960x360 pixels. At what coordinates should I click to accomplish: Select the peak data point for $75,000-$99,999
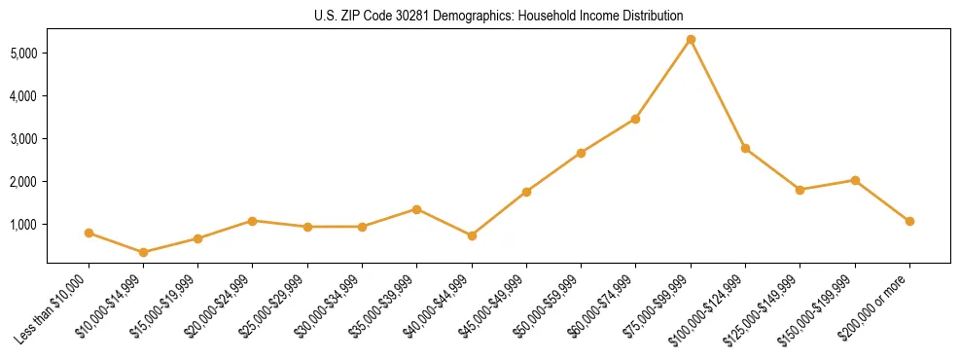click(691, 40)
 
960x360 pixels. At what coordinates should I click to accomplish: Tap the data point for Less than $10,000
click(89, 233)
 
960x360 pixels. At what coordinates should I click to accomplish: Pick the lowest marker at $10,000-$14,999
click(144, 252)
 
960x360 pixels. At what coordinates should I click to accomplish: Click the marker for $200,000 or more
click(909, 221)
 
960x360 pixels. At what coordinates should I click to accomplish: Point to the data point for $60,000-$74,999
click(635, 119)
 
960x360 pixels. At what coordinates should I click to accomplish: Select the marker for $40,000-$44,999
click(472, 235)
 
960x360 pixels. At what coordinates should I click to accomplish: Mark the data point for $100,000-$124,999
click(745, 148)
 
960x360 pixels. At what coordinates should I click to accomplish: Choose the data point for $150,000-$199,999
click(855, 180)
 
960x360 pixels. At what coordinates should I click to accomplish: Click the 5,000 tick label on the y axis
click(25, 53)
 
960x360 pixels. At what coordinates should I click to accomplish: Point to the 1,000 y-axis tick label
click(25, 225)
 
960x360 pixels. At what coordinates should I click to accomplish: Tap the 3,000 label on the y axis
click(25, 139)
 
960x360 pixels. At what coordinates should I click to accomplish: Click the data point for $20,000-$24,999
click(253, 221)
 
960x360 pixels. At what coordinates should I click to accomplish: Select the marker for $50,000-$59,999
click(581, 153)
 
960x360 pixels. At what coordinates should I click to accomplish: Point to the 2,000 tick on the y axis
click(25, 182)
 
